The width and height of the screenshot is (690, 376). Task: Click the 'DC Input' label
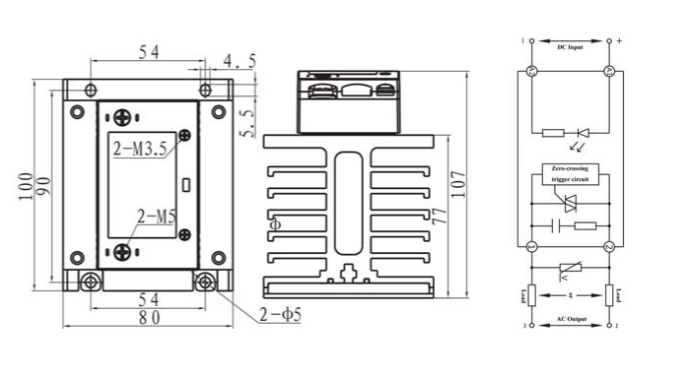pos(570,46)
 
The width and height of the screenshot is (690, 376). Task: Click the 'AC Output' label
pos(570,319)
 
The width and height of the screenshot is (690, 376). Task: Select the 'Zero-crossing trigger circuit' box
pos(569,174)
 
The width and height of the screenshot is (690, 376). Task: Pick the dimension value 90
pos(43,186)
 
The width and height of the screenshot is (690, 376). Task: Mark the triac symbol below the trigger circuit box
pos(569,204)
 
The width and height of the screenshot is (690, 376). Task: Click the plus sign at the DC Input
pos(620,41)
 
